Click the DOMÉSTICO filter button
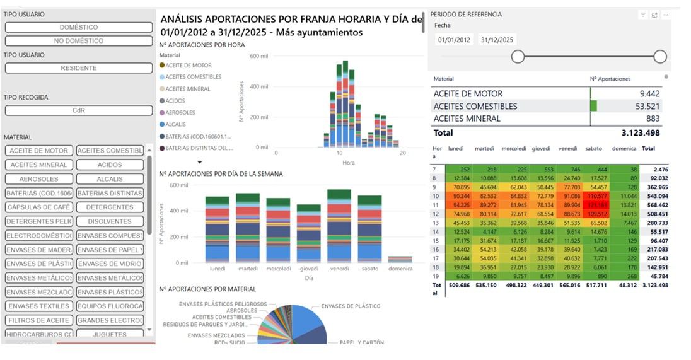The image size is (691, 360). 79,28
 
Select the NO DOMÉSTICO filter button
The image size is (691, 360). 79,41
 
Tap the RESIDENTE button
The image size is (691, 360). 79,67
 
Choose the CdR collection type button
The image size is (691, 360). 79,110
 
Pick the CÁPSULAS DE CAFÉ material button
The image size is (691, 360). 38,207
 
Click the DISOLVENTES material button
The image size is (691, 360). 110,221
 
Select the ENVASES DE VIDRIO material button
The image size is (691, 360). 110,264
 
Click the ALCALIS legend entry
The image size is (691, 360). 180,124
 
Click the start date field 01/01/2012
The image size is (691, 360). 454,40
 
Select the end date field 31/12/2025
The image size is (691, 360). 497,40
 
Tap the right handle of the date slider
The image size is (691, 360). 660,57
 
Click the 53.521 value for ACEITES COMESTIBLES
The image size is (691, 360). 647,106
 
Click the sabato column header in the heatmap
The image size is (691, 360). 594,149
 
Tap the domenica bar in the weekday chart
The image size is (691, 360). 400,258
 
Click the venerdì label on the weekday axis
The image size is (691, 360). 339,269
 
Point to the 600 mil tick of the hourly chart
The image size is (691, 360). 259,56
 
